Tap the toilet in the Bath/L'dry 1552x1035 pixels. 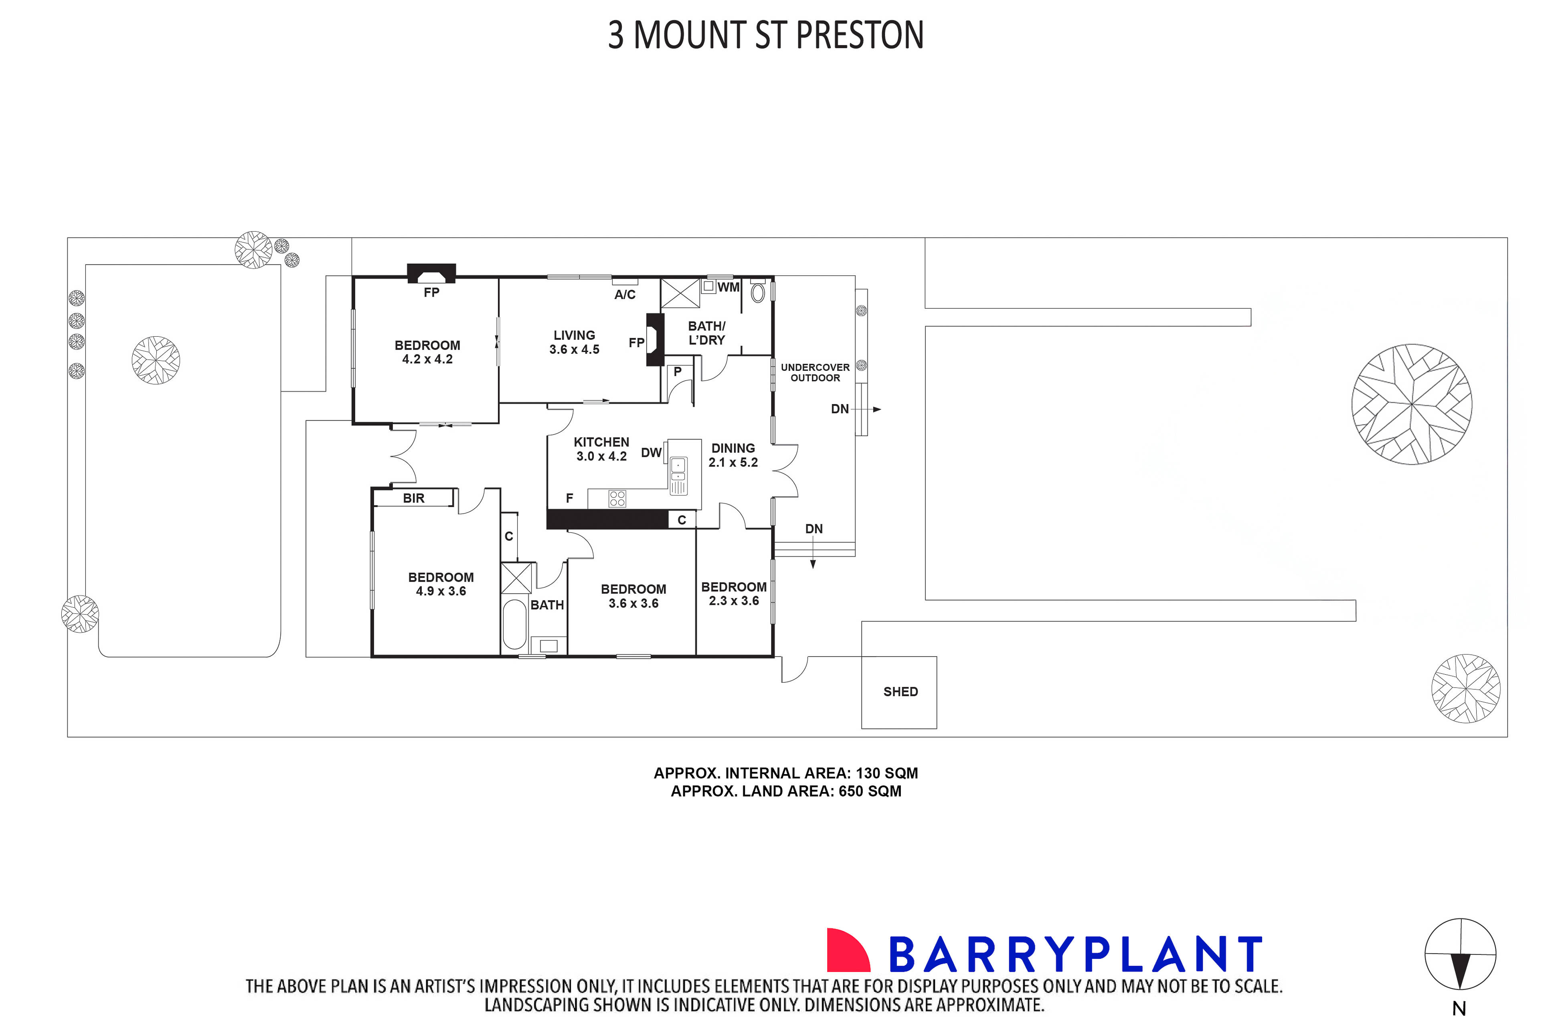pyautogui.click(x=757, y=292)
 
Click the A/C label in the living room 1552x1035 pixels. pyautogui.click(x=625, y=294)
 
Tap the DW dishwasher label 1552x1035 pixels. pyautogui.click(x=651, y=453)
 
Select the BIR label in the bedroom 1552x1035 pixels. pyautogui.click(x=413, y=498)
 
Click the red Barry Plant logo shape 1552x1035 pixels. pyautogui.click(x=847, y=951)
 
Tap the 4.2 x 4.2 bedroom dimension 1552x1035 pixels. pyautogui.click(x=427, y=359)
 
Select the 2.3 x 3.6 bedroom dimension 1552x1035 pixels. pyautogui.click(x=733, y=600)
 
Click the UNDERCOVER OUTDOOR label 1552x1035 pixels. pyautogui.click(x=815, y=372)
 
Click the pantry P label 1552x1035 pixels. pyautogui.click(x=677, y=372)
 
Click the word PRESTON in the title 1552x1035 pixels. pyautogui.click(x=860, y=36)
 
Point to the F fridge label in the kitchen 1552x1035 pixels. pyautogui.click(x=569, y=498)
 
